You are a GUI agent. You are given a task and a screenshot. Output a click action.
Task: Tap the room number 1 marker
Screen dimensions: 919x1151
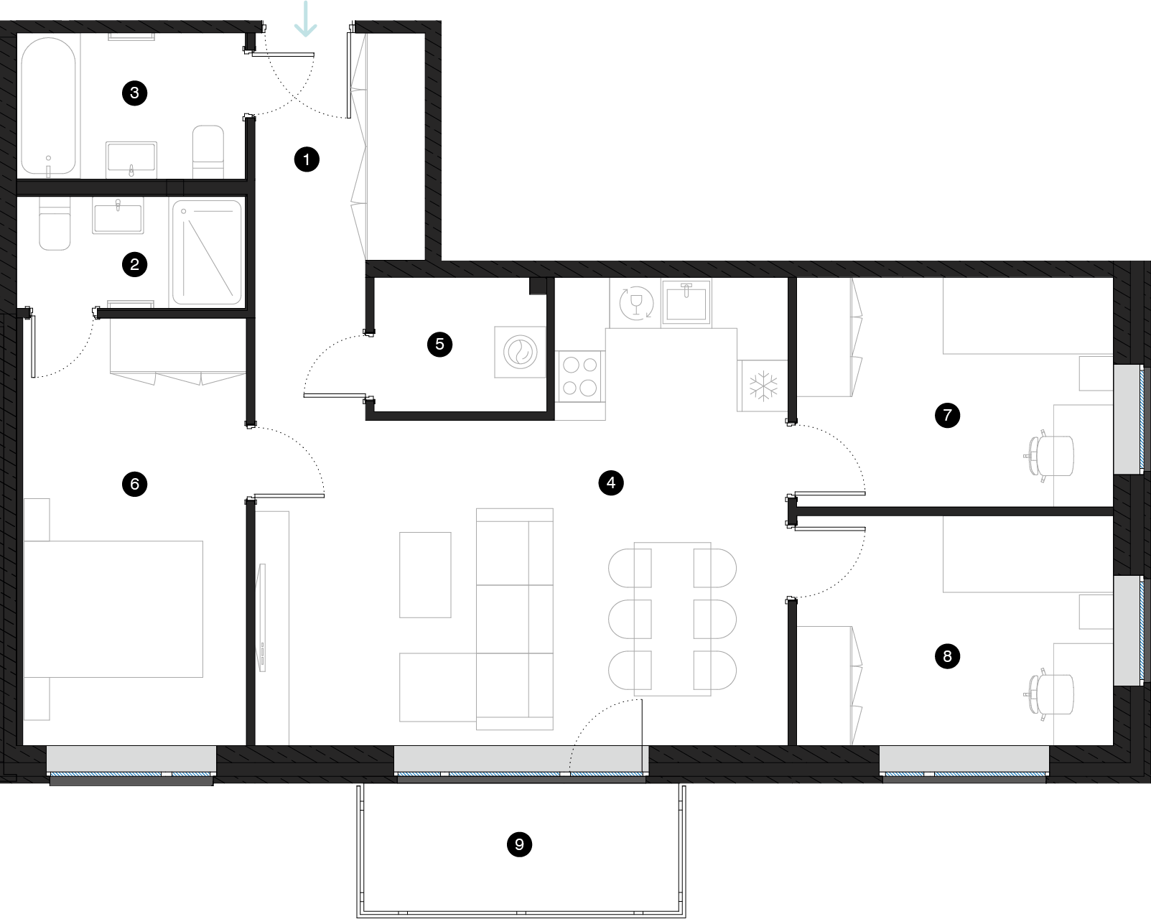tap(307, 159)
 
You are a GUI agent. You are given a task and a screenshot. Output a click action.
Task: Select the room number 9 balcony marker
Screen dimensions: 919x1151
tap(519, 844)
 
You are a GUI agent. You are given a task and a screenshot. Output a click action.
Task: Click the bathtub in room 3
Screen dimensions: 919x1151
tap(48, 106)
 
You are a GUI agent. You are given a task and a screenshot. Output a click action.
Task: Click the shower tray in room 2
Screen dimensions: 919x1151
tap(207, 252)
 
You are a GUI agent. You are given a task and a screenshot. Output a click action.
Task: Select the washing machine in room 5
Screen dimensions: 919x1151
tap(520, 353)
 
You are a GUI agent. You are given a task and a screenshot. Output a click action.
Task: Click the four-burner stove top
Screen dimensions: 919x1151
tap(580, 377)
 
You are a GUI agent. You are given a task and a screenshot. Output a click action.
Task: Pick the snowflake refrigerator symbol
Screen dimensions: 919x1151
tap(763, 386)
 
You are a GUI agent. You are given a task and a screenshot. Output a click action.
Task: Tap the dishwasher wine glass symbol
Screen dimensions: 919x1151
tap(635, 302)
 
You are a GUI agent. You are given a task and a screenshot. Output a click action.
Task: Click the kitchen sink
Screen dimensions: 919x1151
tap(686, 302)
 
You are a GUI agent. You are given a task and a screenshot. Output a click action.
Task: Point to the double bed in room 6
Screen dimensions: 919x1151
tap(113, 609)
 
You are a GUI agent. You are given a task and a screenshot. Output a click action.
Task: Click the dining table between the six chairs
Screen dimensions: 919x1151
tap(672, 619)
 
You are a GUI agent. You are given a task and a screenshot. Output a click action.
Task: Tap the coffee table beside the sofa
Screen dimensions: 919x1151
tap(425, 574)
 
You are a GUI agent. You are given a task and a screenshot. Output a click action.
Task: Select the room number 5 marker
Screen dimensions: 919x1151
tap(440, 344)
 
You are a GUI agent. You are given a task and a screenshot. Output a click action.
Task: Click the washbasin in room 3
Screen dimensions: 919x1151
tap(131, 159)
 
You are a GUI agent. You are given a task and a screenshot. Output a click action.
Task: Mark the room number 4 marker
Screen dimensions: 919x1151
tap(611, 482)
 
